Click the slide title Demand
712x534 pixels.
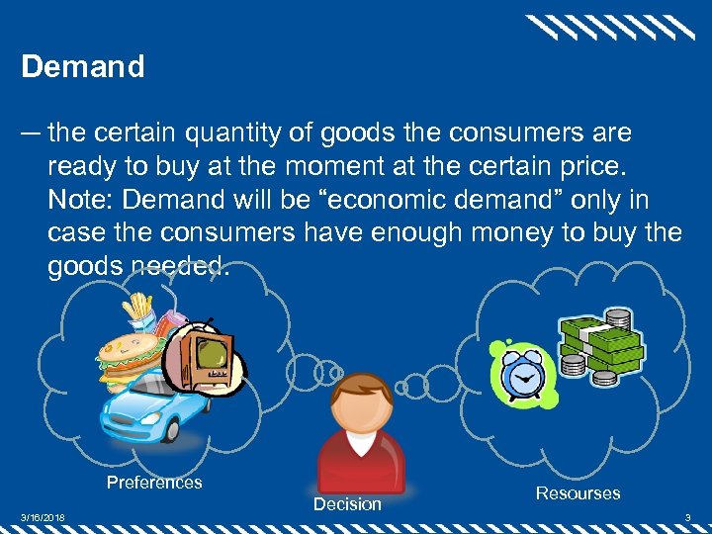tap(83, 67)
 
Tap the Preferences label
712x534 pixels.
tap(154, 483)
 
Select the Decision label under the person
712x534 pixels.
tap(347, 504)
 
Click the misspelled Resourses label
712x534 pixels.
tap(578, 492)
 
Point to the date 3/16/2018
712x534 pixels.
tap(44, 517)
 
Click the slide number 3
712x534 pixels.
tap(688, 517)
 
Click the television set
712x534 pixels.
tap(208, 357)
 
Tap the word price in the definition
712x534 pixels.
tap(591, 166)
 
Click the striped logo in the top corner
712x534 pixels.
tap(609, 27)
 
